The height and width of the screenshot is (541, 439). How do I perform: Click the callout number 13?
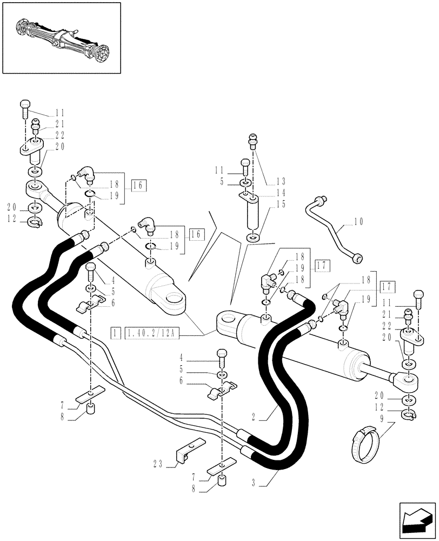click(281, 181)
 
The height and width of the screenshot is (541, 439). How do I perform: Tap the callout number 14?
click(281, 192)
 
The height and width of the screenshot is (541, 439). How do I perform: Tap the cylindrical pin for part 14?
click(251, 215)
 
